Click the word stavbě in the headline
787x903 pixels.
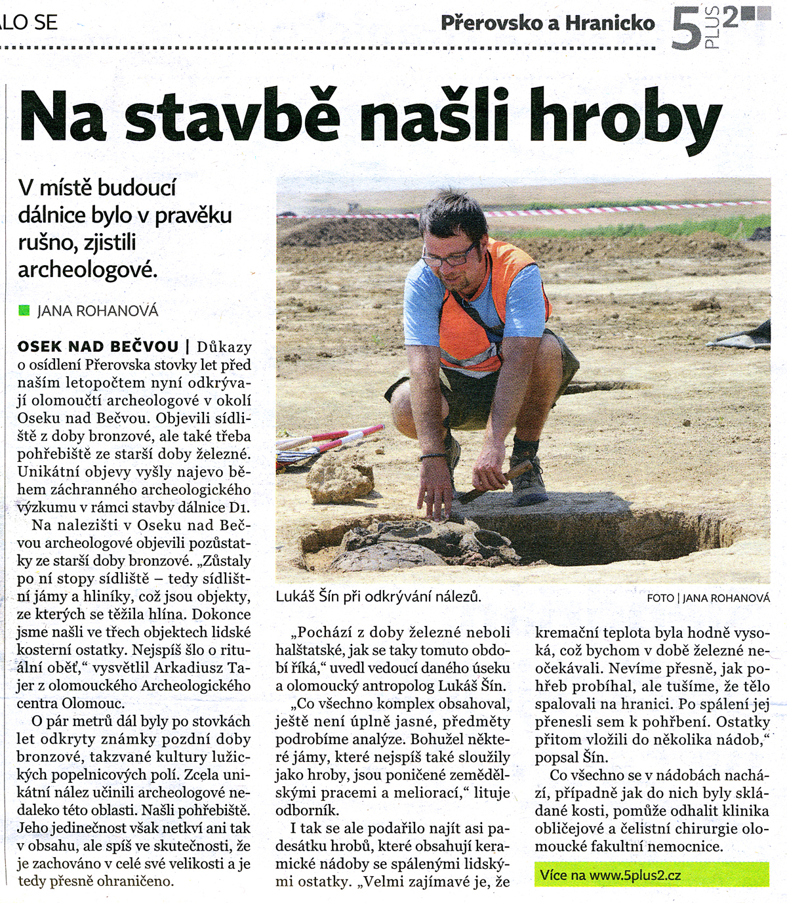233,117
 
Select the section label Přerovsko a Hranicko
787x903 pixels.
548,24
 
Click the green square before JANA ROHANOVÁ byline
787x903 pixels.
24,310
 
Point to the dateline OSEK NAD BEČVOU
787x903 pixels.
98,346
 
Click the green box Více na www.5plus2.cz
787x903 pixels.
651,875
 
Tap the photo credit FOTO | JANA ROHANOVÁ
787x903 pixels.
708,598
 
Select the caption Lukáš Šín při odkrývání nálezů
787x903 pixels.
378,597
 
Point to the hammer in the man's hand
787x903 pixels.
505,478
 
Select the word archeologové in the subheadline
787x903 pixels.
87,269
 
